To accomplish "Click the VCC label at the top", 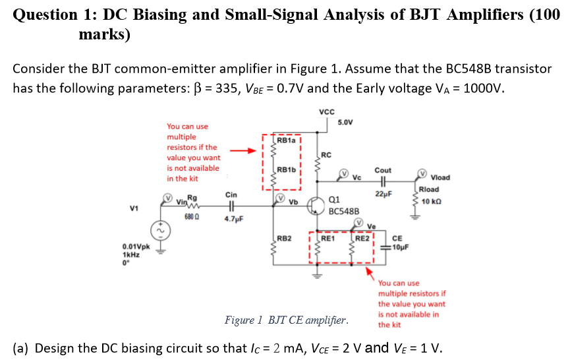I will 326,111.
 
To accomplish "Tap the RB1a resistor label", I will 286,140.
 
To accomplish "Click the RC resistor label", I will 328,156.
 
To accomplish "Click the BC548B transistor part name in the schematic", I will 343,212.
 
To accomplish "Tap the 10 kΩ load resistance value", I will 431,200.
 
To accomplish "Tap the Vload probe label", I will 440,177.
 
